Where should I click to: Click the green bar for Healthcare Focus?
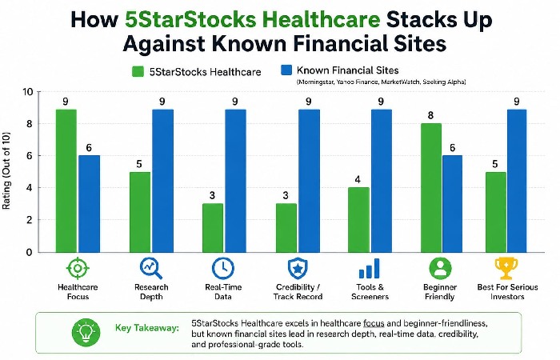pos(66,180)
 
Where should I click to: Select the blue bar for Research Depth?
pos(162,180)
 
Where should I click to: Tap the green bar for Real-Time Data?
pos(214,228)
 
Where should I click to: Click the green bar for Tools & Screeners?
pos(358,220)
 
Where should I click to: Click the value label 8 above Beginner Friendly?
pos(431,115)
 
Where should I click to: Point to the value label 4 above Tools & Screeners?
pos(358,179)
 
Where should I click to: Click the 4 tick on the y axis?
pos(30,188)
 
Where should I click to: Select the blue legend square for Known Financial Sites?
pos(285,71)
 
